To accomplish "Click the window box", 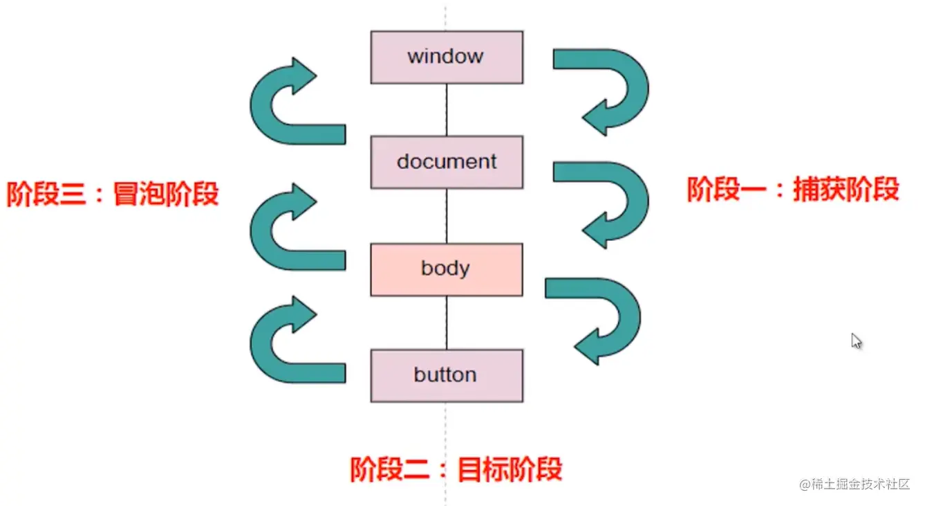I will pyautogui.click(x=447, y=57).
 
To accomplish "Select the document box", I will pyautogui.click(x=447, y=162).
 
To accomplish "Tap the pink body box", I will pyautogui.click(x=447, y=269).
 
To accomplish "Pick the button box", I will pyautogui.click(x=447, y=375).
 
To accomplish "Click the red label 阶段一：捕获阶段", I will pyautogui.click(x=793, y=189).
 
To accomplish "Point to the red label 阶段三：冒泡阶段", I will pyautogui.click(x=113, y=195).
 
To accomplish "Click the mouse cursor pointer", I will pyautogui.click(x=856, y=341).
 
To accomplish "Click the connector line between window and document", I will pyautogui.click(x=447, y=110).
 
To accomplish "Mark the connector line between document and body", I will pyautogui.click(x=447, y=216).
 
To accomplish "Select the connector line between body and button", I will pyautogui.click(x=447, y=322).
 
